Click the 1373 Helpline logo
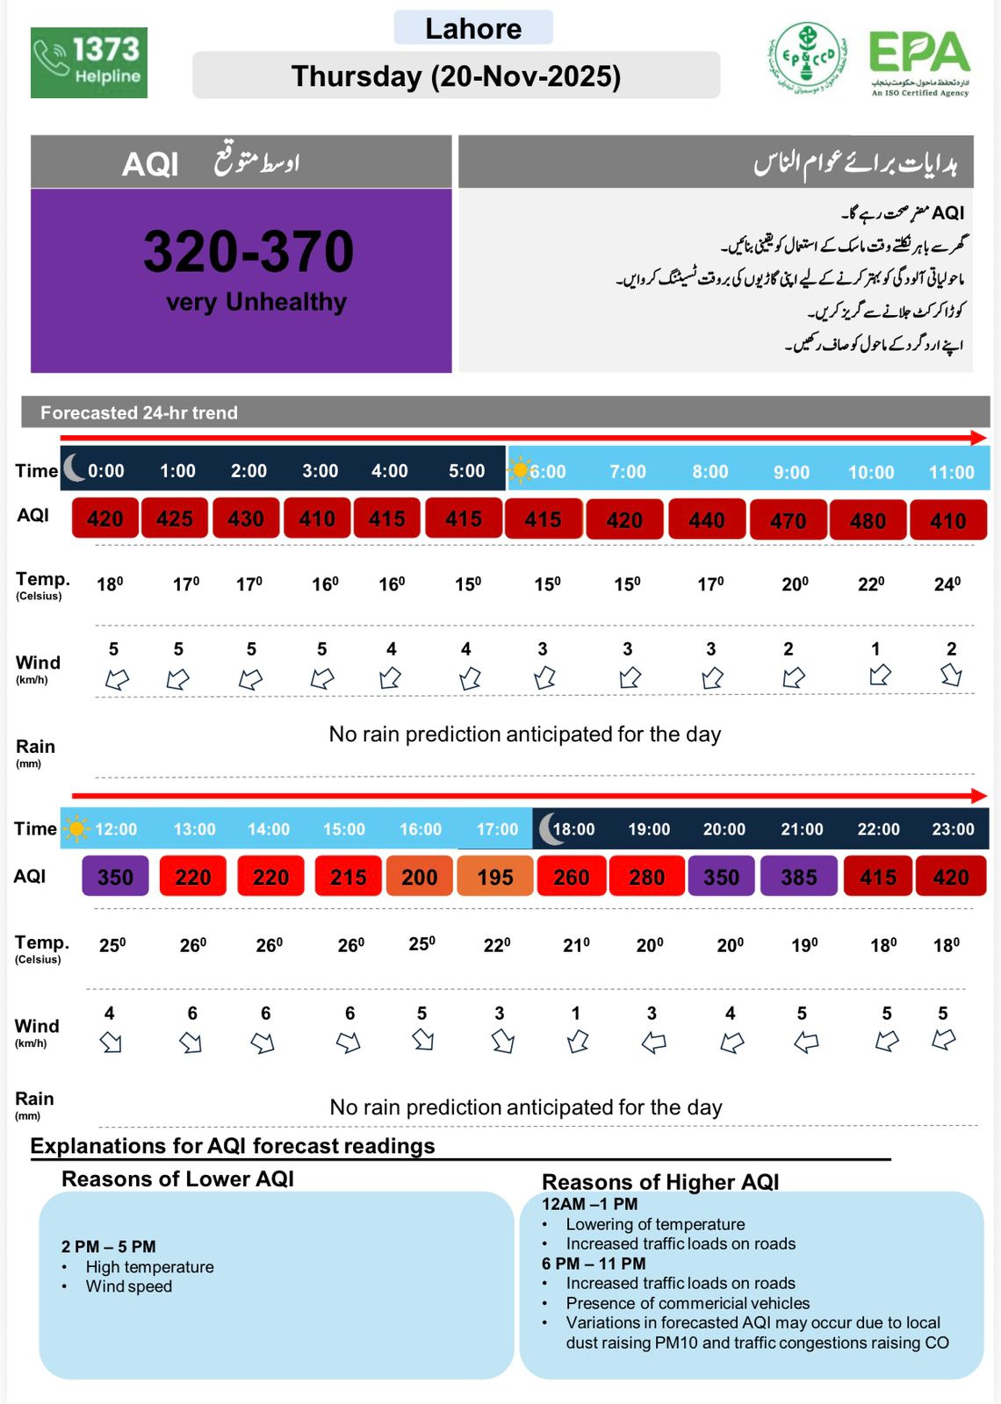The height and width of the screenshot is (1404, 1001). (x=89, y=62)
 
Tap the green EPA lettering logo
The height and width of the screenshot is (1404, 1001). (x=919, y=54)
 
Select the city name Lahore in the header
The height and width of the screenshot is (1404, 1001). (x=473, y=29)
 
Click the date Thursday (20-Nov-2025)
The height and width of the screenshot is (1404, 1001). (x=456, y=76)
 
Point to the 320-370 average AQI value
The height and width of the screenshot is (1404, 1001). (x=248, y=252)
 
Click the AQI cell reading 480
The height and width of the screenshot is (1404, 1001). (x=868, y=520)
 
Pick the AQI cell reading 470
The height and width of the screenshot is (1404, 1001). (x=788, y=520)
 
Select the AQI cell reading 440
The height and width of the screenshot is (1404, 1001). (x=707, y=520)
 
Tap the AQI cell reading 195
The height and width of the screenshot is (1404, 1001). (x=495, y=877)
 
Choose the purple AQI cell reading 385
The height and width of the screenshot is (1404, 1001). (x=799, y=877)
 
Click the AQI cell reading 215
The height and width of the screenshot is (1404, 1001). (x=349, y=877)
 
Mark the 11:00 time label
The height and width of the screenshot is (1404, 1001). (x=952, y=472)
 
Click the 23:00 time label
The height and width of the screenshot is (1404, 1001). (x=953, y=829)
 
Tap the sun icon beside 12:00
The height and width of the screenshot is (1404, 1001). (x=77, y=828)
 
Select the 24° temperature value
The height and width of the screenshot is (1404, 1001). (x=947, y=584)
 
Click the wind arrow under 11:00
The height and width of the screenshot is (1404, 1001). (x=951, y=675)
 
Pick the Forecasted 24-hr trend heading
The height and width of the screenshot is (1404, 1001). (x=139, y=412)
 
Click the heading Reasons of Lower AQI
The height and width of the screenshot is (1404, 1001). (x=177, y=1178)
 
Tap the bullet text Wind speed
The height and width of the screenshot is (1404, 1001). (x=129, y=1286)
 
